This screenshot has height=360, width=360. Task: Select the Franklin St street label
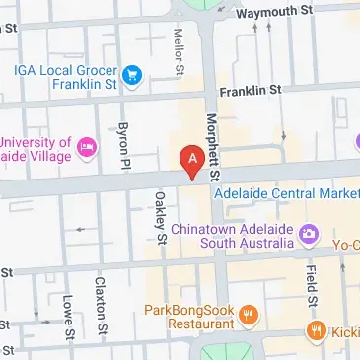249,90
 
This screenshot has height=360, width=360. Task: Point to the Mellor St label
180,50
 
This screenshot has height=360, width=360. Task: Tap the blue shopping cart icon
130,75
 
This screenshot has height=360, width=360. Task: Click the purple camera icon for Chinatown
308,234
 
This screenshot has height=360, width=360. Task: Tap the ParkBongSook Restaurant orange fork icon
249,316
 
